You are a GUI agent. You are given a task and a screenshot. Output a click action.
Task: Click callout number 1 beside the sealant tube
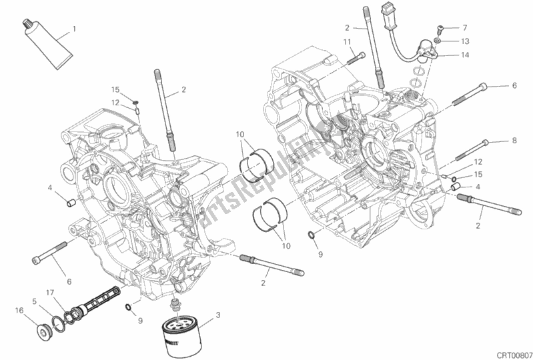(75, 29)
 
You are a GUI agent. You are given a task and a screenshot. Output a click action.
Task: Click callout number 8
(514, 141)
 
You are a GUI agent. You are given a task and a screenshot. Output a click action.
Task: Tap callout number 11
(348, 42)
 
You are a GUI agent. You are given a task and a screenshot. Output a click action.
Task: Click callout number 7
(465, 28)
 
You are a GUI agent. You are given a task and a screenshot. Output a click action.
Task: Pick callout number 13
(465, 41)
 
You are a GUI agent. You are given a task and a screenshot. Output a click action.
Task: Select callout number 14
(465, 54)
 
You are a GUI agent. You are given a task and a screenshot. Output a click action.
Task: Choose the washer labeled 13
(436, 41)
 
